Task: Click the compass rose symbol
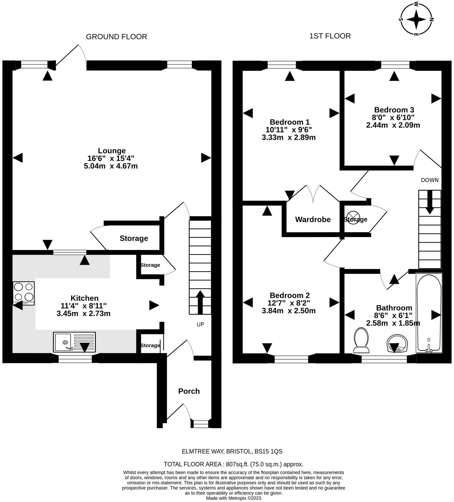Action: [x=416, y=19]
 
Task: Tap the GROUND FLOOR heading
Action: [x=117, y=37]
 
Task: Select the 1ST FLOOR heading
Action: [x=330, y=36]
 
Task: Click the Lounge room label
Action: [x=112, y=151]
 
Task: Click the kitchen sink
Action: [x=74, y=342]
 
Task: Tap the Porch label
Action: [x=189, y=391]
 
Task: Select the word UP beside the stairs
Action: [x=200, y=325]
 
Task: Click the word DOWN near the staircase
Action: [x=430, y=180]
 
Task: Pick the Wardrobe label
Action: [x=313, y=219]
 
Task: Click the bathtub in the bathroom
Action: [x=429, y=313]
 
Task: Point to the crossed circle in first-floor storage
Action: [x=352, y=218]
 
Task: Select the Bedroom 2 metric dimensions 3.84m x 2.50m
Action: [x=289, y=311]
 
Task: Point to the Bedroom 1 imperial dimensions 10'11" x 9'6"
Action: [x=289, y=130]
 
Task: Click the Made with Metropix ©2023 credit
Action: [x=234, y=498]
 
